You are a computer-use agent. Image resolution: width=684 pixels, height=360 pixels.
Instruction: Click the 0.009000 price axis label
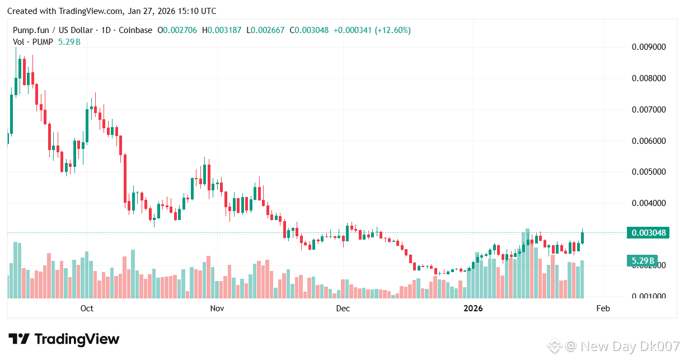(x=649, y=46)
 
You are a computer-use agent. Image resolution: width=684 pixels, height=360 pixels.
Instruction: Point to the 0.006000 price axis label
(x=649, y=141)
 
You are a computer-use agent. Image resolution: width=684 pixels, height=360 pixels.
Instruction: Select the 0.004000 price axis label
(x=649, y=203)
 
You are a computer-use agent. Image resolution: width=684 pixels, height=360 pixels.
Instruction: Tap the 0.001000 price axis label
(x=649, y=296)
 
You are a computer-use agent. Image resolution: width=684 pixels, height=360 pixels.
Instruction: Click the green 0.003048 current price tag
(x=649, y=233)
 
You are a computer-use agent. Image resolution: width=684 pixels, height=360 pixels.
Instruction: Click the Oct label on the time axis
(x=87, y=308)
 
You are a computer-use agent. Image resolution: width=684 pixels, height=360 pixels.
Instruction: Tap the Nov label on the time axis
(x=217, y=308)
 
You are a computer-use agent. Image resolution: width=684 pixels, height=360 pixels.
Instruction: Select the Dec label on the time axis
(x=343, y=308)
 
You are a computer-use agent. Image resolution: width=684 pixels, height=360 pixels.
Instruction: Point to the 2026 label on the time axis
(x=473, y=308)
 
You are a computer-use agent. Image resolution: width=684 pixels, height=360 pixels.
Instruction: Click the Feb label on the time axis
(x=603, y=308)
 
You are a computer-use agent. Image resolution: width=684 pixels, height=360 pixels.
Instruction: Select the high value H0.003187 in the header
(x=223, y=30)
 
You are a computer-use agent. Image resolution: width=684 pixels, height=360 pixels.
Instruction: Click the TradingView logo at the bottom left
(x=64, y=339)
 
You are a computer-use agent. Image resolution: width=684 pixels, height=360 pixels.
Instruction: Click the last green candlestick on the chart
(x=583, y=236)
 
